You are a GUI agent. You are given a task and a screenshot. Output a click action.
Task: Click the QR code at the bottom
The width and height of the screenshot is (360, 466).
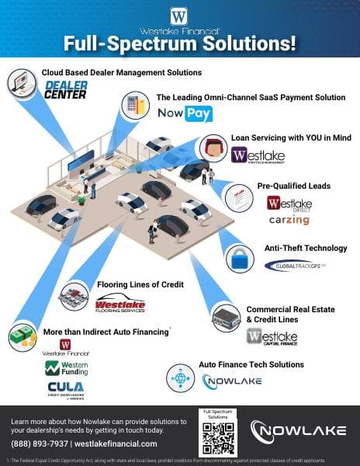point(217,438)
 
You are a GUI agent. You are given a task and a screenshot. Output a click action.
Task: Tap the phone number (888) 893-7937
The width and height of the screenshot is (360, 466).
point(38,443)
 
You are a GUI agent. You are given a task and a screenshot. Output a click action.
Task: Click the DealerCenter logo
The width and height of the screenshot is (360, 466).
point(66,89)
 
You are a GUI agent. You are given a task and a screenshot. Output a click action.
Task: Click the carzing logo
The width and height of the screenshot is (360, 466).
point(288,221)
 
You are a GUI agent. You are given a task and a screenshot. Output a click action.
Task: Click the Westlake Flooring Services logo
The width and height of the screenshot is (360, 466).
point(120,304)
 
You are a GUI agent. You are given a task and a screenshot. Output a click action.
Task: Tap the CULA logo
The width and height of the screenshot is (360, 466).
point(65,388)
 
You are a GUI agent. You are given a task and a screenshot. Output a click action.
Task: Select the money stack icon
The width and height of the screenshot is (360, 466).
point(21,339)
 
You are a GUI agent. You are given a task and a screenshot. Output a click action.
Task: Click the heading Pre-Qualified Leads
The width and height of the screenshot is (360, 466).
point(293,186)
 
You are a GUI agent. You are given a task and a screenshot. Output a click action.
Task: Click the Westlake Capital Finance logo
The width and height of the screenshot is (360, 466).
point(272,337)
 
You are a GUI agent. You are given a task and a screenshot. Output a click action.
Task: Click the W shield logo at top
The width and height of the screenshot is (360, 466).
point(180,15)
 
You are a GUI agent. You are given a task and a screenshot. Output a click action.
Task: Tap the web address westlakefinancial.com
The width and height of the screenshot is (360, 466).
point(116,443)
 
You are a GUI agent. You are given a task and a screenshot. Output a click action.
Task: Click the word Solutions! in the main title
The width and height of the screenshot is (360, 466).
point(249,43)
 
